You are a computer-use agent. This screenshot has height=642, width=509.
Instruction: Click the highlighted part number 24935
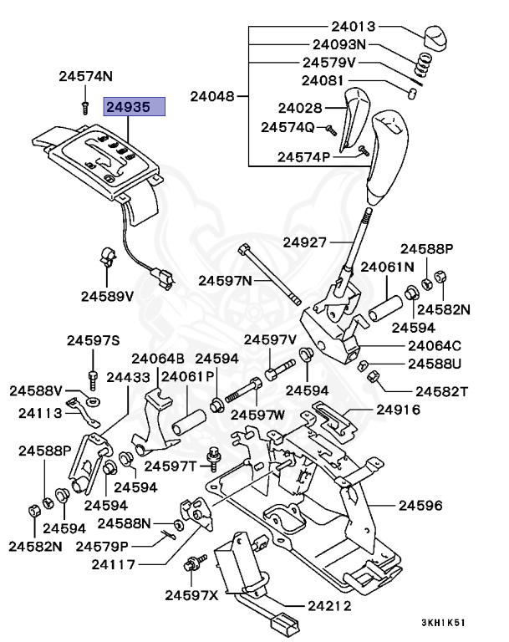point(134,106)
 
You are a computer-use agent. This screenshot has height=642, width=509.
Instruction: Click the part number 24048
point(213,96)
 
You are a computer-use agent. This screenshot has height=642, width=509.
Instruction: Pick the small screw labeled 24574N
point(85,107)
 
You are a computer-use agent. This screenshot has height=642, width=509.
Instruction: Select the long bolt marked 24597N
point(267,272)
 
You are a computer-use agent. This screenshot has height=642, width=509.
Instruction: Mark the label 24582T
point(441,390)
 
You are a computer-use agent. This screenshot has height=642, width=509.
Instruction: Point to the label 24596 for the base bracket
point(420,506)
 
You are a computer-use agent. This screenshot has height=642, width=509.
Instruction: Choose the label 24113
point(38,411)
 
